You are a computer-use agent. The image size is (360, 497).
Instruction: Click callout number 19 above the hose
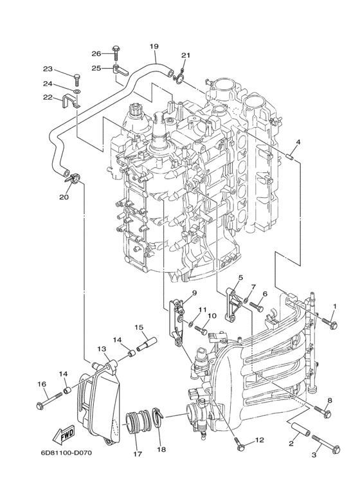coord(154,46)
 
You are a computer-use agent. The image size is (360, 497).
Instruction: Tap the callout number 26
coord(96,53)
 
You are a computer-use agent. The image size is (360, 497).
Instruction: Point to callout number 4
coord(298,142)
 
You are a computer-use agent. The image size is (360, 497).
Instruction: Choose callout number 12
coord(260,440)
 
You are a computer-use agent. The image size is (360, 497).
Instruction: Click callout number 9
coord(194,293)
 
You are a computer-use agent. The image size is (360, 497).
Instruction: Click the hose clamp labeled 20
coord(74,177)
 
